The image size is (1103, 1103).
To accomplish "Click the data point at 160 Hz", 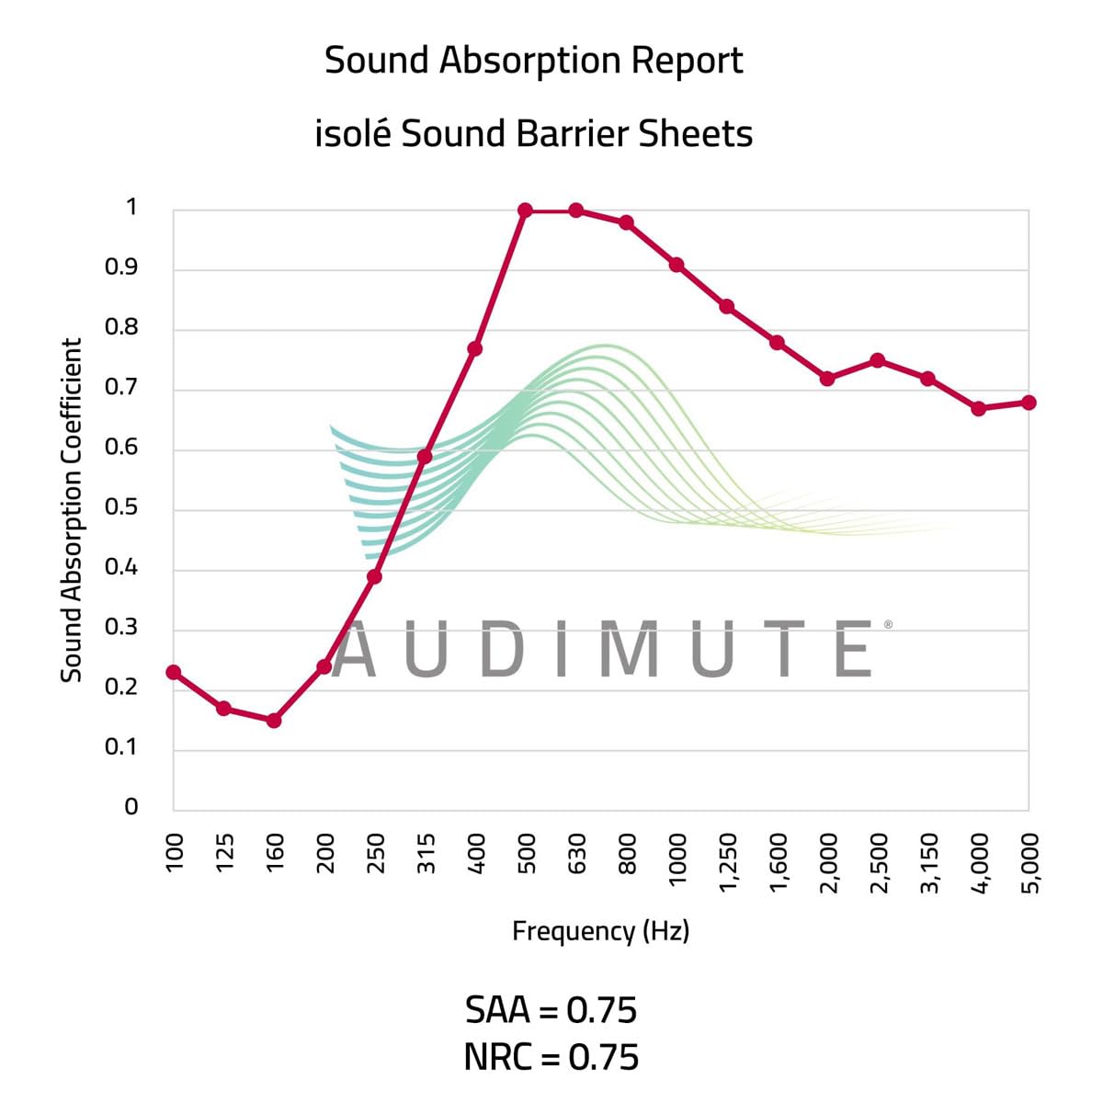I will [x=274, y=721].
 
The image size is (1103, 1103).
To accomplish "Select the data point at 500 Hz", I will [x=526, y=210].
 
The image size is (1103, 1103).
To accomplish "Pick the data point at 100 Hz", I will [x=173, y=672].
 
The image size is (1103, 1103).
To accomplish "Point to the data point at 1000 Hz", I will [x=677, y=265].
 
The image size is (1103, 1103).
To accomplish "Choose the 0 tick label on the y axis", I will [x=131, y=807].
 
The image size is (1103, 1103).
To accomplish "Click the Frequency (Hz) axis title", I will [x=600, y=931].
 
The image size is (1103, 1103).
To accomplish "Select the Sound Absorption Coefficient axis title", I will [x=72, y=510].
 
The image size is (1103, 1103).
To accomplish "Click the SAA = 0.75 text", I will [x=551, y=1010].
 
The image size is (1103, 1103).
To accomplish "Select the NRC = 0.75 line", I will [x=551, y=1057].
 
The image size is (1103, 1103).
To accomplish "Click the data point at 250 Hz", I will [x=374, y=576].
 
